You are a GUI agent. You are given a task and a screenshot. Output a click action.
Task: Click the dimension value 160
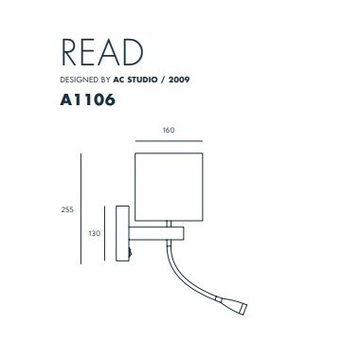tap(169, 130)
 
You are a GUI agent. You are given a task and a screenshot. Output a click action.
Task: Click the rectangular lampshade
tap(169, 182)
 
